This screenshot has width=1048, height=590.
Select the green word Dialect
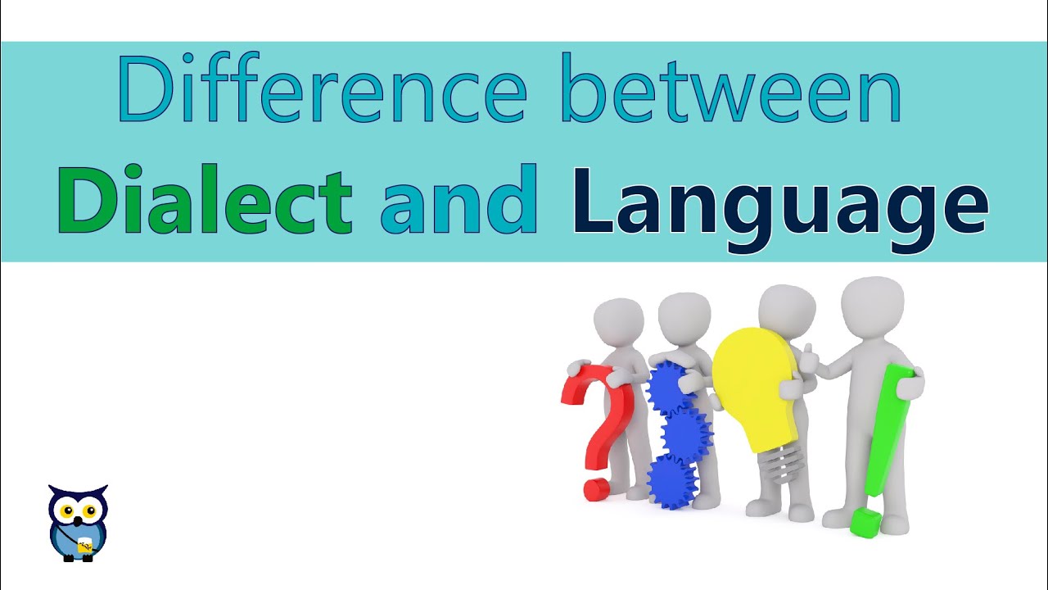pos(204,200)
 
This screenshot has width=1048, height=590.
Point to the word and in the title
pos(458,200)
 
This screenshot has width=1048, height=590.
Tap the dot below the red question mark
pos(595,489)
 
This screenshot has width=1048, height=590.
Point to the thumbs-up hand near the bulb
pos(811,356)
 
